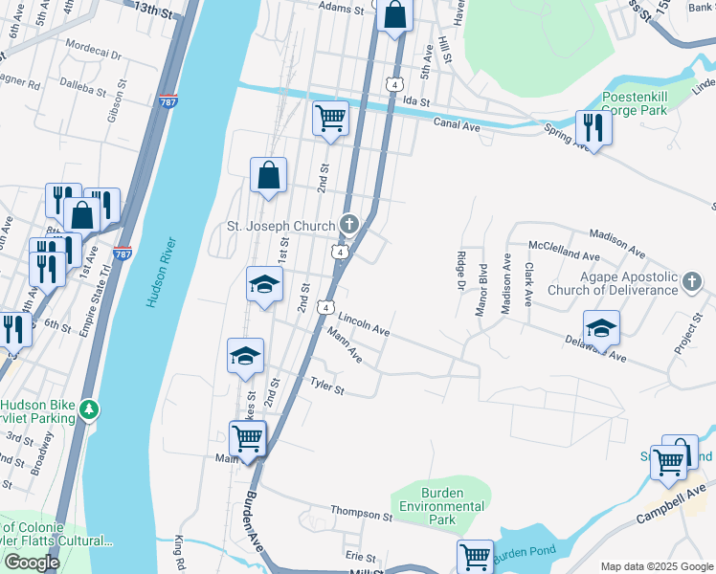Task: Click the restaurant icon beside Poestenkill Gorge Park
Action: (593, 128)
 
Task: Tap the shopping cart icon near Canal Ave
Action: (330, 119)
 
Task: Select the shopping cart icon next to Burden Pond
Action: (475, 556)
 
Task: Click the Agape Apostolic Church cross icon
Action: (693, 282)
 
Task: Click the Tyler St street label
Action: (325, 386)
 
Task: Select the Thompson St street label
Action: (361, 516)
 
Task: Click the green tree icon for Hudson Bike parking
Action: (89, 409)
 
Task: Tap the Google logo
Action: (32, 563)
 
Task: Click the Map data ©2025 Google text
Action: (656, 566)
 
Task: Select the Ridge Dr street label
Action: (460, 270)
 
